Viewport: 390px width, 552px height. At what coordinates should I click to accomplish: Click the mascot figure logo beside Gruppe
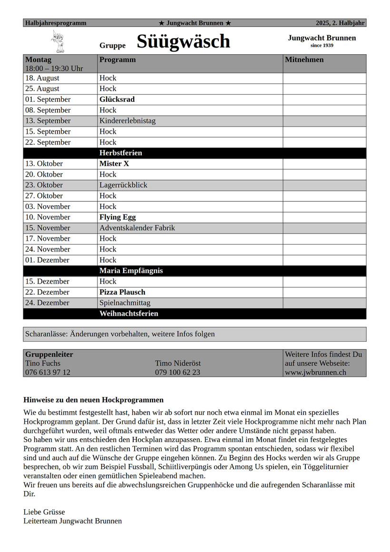click(x=58, y=41)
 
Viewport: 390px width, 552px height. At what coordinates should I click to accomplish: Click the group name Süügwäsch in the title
click(x=183, y=42)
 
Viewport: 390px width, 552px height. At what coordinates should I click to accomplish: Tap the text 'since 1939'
click(x=322, y=46)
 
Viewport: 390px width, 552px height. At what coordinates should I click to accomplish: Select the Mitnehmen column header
click(x=304, y=60)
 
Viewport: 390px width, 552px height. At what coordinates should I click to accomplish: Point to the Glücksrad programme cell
click(x=117, y=99)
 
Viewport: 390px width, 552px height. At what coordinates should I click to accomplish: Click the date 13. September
click(x=48, y=121)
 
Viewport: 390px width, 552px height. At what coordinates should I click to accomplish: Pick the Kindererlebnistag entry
click(x=127, y=121)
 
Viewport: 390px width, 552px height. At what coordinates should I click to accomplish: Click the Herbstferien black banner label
click(x=121, y=153)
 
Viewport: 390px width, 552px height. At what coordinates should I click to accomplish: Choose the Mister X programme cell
click(x=114, y=164)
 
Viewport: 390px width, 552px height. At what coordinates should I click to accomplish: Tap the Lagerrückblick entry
click(x=123, y=185)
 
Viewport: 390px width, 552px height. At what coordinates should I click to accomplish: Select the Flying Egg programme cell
click(x=117, y=217)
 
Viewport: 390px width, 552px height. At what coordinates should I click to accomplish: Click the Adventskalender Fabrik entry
click(x=137, y=228)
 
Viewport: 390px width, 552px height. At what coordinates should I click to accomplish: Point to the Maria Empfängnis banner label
click(x=131, y=271)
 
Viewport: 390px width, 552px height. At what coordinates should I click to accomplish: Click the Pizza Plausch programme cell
click(x=122, y=292)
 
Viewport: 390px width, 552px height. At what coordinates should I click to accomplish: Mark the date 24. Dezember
click(x=47, y=303)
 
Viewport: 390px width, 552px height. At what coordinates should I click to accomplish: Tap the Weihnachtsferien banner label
click(x=128, y=314)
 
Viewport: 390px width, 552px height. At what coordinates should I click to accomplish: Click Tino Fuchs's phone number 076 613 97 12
click(x=48, y=372)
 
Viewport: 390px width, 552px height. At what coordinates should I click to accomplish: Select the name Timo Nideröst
click(x=177, y=363)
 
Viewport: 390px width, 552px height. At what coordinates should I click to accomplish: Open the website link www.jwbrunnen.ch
click(x=315, y=372)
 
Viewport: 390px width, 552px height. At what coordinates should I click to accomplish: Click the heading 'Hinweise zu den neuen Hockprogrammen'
click(x=93, y=400)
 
